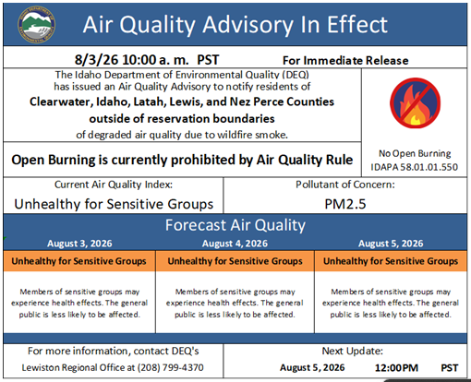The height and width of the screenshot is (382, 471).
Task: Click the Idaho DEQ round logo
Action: point(37,25)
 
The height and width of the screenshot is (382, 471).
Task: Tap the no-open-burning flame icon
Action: point(415,103)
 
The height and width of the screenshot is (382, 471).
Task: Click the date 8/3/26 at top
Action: point(96,60)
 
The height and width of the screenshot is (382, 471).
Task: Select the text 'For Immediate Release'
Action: point(345,61)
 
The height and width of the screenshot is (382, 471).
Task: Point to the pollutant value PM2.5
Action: point(345,204)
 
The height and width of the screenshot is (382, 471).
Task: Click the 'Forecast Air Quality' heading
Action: point(235,225)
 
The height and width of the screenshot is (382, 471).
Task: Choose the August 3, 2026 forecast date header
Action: point(79,244)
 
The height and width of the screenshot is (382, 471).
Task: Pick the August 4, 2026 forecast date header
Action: point(235,244)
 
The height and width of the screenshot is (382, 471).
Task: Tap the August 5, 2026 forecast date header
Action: point(391,244)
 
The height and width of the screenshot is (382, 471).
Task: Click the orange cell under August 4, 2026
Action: point(235,261)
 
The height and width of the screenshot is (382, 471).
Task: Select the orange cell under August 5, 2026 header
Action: point(391,261)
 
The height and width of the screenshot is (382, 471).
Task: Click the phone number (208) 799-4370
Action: point(171,367)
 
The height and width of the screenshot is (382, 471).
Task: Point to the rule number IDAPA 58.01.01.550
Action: point(415,167)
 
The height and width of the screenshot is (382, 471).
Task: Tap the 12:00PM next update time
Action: point(396,368)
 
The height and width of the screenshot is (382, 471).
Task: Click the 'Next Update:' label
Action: point(353,351)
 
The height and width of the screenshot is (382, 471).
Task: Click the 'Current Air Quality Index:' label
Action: point(114,185)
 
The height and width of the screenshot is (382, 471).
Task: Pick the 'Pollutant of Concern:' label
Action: point(345,185)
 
